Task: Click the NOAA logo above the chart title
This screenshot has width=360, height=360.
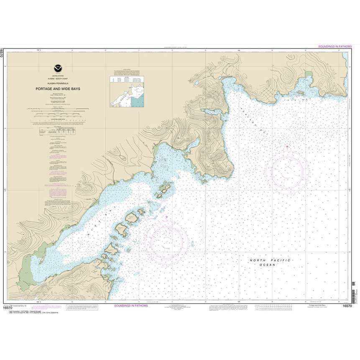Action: click(57, 68)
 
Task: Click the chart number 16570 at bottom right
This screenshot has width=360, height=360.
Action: click(347, 307)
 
